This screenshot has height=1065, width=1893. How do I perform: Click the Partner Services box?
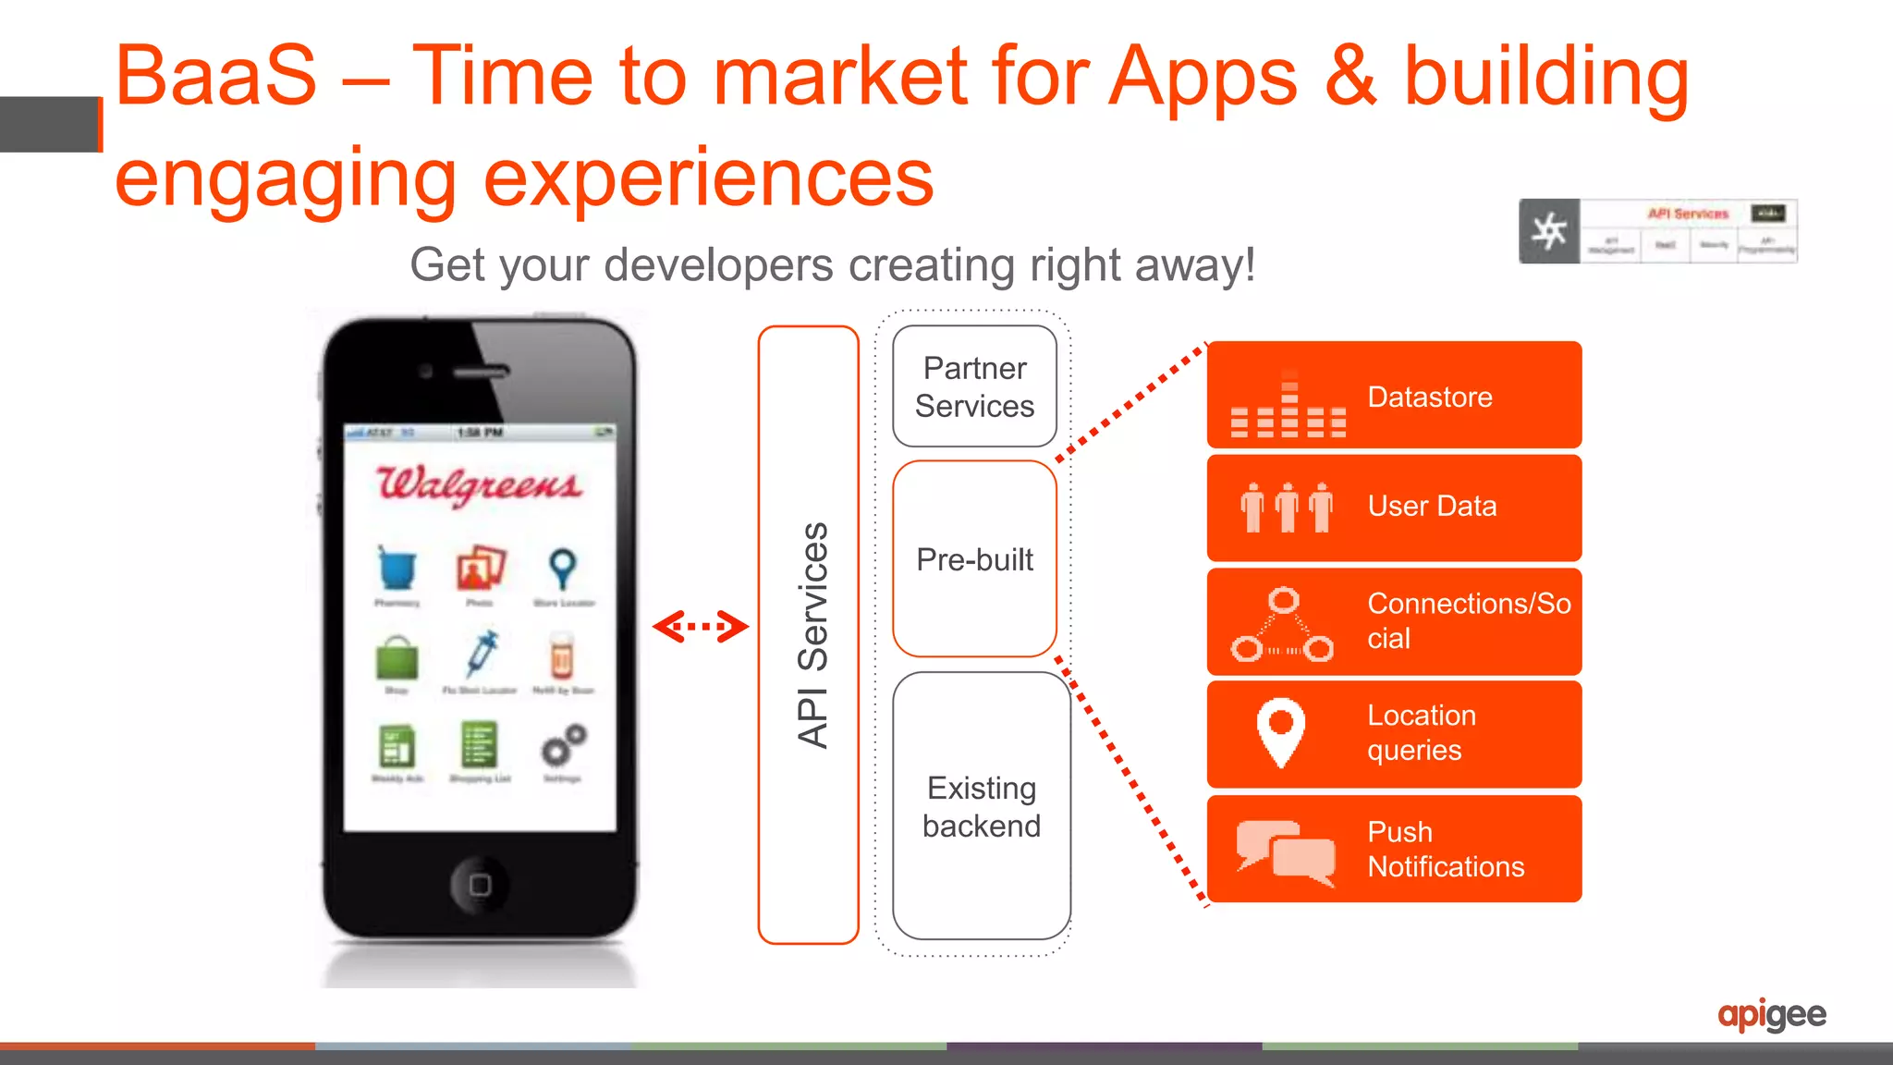coord(974,386)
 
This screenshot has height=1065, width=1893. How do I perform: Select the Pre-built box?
coord(974,559)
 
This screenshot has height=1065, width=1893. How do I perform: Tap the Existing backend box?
coord(981,806)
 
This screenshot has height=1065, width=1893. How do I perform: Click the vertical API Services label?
coord(812,635)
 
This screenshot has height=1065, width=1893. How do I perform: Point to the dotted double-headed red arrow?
coord(701,627)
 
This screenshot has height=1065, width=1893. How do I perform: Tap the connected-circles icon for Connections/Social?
coord(1283,626)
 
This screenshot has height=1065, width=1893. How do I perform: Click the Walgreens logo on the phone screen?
coord(479,484)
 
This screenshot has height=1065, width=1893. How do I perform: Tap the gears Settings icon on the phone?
coord(563,744)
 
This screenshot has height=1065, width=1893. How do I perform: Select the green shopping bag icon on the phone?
coord(397,658)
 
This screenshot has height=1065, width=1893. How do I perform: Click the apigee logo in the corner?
coord(1771,1015)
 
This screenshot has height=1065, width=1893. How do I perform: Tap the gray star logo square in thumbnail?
coord(1549,231)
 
